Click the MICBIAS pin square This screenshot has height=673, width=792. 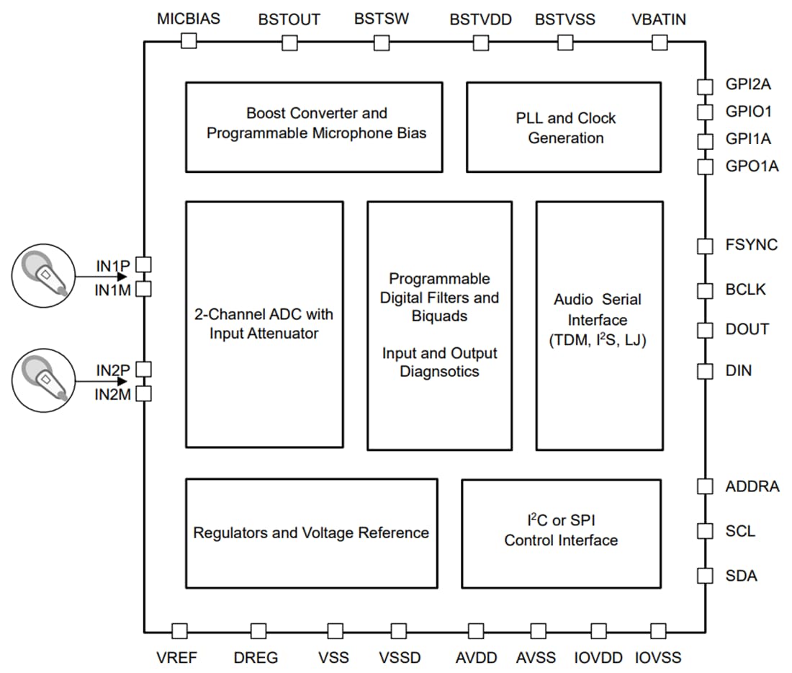point(189,41)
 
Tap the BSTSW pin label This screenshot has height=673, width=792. point(381,19)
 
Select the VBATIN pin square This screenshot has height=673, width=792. point(660,43)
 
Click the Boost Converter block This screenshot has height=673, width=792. point(314,127)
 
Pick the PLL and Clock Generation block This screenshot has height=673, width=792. point(564,127)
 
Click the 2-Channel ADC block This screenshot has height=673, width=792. point(264,325)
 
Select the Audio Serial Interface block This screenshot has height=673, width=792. point(599,325)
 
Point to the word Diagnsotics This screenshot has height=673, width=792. point(439,372)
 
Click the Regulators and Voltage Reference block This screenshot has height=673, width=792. point(311,533)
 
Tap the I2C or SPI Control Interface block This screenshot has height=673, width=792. point(561,533)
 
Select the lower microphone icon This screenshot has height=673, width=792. point(43,380)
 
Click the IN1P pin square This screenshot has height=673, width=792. point(144,264)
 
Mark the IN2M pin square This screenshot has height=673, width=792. point(144,393)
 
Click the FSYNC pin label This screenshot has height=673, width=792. point(751,245)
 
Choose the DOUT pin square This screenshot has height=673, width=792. point(705,329)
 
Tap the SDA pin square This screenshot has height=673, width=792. point(705,575)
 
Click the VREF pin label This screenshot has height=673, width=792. point(176,657)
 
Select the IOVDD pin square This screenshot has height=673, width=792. point(598,631)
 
